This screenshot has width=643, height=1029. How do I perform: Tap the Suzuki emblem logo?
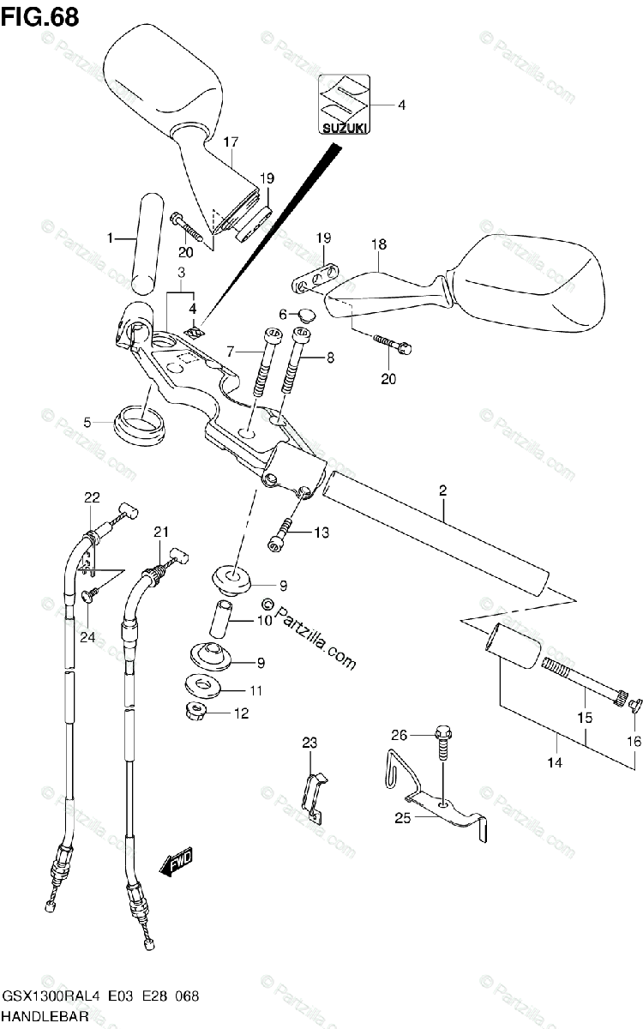(345, 105)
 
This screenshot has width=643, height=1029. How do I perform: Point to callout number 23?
(309, 719)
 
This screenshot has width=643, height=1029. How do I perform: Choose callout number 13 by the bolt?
(321, 533)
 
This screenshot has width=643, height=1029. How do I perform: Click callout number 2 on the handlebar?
(442, 491)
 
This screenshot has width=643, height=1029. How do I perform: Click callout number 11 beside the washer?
(255, 689)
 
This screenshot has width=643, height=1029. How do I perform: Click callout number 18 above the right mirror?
(378, 244)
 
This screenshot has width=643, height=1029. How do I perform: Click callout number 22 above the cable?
(92, 497)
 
